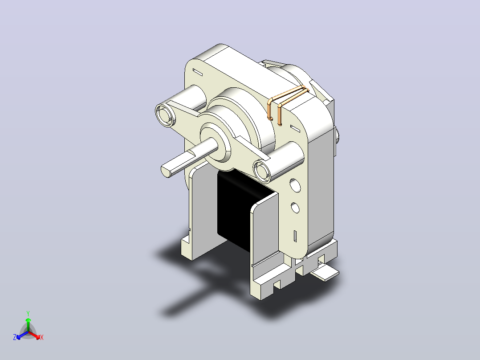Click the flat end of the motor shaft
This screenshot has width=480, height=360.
point(167,171)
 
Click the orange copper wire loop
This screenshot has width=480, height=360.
point(287,102)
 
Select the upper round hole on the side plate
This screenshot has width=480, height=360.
point(295,186)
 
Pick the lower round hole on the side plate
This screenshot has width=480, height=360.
point(295,208)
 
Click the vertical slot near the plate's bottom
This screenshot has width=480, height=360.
point(295,236)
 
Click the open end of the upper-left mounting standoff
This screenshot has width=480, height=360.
point(165,115)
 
